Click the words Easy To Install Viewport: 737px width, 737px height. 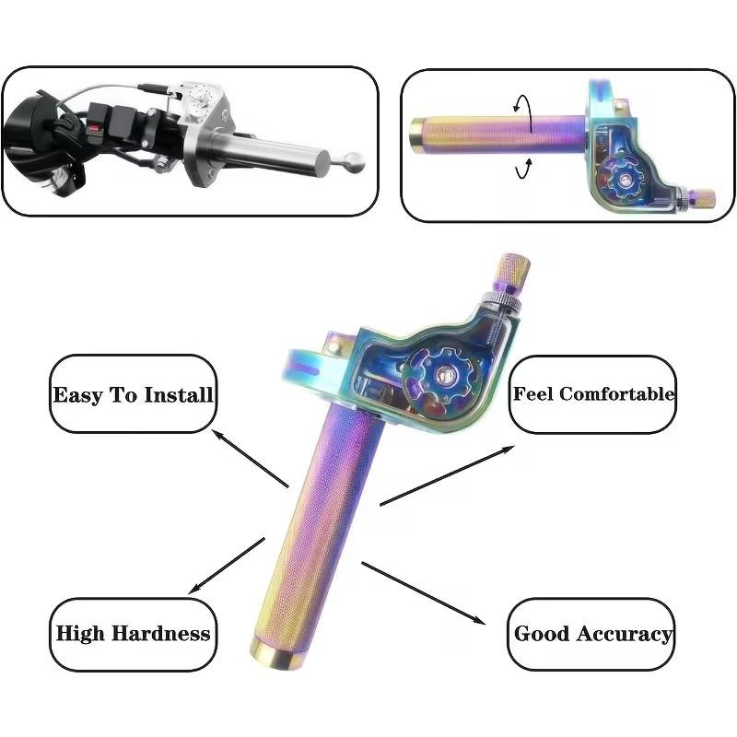coord(133,394)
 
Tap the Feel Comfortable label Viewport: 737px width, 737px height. coord(592,394)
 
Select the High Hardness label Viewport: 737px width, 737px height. coord(133,633)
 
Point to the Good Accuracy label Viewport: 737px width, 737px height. coord(592,634)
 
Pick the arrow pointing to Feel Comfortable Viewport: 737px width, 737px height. coord(448,474)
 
